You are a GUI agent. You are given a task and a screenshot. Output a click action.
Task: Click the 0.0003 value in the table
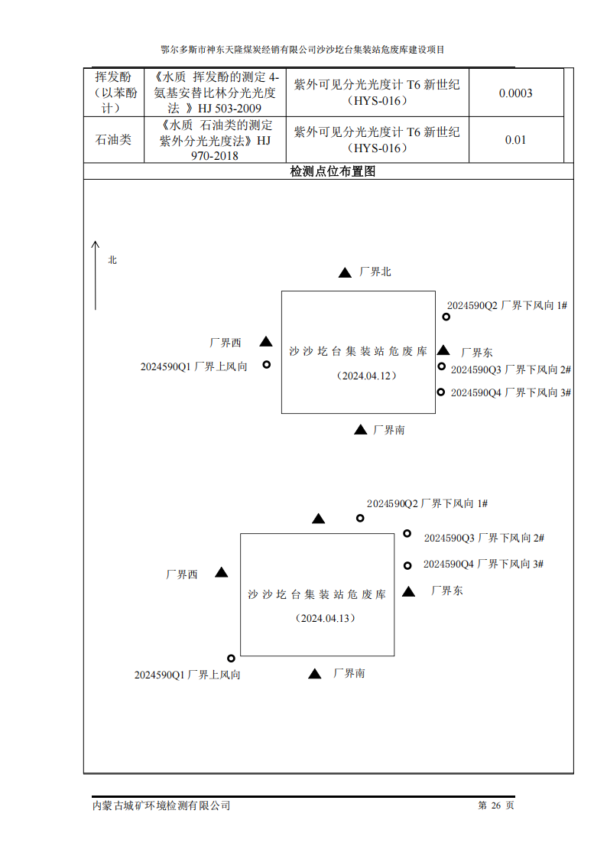coord(515,93)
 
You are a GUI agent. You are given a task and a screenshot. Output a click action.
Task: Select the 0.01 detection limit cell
coord(515,140)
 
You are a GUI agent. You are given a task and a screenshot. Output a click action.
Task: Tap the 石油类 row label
coord(113,140)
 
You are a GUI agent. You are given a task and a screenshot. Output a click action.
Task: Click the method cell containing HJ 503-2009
coord(215,93)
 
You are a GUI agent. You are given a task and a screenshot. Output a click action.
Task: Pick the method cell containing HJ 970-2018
coord(215,140)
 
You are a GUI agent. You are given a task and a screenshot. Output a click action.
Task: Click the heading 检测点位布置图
coord(333,171)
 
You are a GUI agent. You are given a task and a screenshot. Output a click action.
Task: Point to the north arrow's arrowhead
coord(96,244)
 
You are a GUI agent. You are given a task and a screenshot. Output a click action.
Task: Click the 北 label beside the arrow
coord(112,259)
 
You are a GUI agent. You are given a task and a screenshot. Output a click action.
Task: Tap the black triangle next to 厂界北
coord(345,272)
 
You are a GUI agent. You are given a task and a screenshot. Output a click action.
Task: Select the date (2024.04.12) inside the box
coord(366,376)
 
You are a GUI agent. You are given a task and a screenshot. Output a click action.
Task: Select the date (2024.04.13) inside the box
coord(325,619)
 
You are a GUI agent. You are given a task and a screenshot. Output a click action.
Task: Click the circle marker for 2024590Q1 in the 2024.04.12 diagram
coord(267,364)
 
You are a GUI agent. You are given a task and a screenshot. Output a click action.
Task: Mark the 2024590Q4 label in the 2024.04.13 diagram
coord(483,565)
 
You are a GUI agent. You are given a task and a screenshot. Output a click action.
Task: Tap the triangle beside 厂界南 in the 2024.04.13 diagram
coord(315,674)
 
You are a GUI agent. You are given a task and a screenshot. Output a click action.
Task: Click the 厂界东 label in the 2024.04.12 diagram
coord(477,353)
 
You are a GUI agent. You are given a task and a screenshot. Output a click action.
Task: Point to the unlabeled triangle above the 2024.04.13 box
coord(319,519)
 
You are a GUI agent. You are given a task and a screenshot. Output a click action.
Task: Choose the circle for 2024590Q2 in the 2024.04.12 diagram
coord(446,317)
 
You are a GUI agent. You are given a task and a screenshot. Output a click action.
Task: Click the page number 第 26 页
coord(496,805)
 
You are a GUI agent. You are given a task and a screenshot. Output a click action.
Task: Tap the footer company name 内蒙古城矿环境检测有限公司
coord(161,806)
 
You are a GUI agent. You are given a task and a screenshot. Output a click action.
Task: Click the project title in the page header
coord(303,49)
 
